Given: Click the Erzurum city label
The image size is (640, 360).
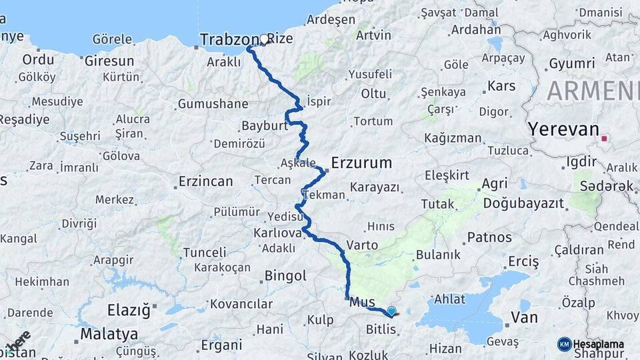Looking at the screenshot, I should [362, 163].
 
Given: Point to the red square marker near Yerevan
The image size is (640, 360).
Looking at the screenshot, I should [604, 139].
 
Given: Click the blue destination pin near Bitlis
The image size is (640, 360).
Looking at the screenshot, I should [391, 310].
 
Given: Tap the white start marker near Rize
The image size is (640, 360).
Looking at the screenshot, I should [265, 39].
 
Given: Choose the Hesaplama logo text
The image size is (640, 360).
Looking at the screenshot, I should [599, 344].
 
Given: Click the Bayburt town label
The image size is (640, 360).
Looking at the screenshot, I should [263, 125].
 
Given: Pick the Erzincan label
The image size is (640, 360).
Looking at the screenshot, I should [206, 181].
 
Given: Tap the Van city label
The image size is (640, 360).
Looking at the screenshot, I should [524, 317].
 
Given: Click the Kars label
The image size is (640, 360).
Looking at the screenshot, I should [501, 86].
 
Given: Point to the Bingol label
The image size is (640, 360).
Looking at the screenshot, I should [285, 275].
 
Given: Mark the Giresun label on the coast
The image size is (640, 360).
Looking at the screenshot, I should [109, 61].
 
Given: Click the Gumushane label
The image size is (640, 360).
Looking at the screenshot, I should [213, 104].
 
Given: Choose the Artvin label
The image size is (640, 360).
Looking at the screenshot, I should [373, 35].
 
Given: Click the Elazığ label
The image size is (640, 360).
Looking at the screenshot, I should [129, 310].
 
